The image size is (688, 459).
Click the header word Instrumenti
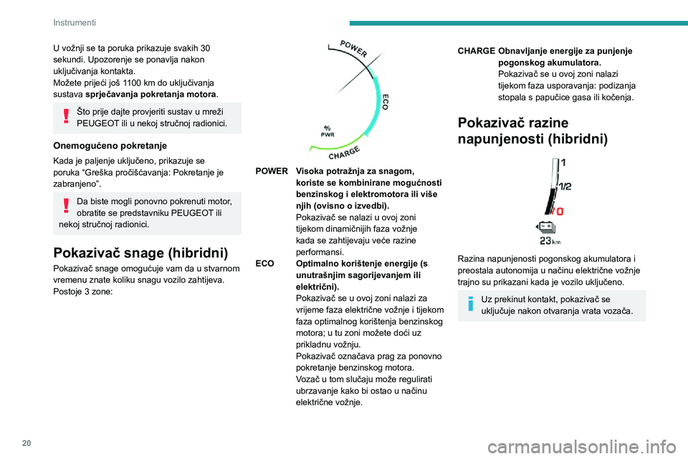click(75, 22)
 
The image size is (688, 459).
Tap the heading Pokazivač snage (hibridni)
click(140, 252)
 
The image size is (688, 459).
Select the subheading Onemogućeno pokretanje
click(110, 144)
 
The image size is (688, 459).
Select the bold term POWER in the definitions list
click(272, 172)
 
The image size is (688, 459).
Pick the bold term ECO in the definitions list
click(264, 264)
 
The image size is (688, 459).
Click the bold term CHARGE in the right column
click(476, 52)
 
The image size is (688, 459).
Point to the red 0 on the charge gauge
click(560, 212)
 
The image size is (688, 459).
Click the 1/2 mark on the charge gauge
click(565, 186)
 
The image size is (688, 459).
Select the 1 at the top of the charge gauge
click(563, 163)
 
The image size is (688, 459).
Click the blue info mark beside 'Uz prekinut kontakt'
click(471, 303)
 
